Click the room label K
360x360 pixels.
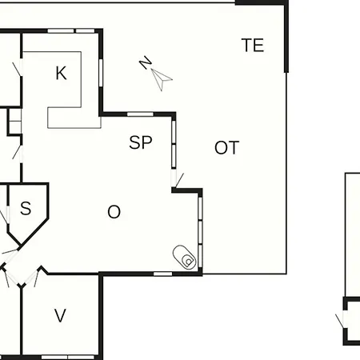61,73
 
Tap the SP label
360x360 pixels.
141,142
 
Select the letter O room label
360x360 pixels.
114,212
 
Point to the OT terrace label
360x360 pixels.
226,148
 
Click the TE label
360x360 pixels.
253,45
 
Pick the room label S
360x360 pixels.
26,208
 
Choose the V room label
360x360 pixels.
60,315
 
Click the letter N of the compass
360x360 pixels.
146,62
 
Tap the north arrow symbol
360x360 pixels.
161,79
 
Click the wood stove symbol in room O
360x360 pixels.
184,258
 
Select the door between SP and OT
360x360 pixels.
177,180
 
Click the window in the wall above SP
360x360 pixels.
140,114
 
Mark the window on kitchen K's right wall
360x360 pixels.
101,73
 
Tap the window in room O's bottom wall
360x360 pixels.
163,274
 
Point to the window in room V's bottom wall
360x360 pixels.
68,357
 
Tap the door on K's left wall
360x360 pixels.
18,68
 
